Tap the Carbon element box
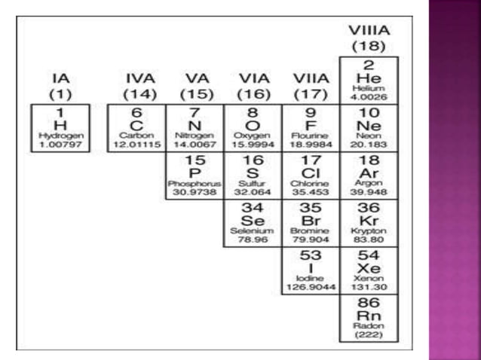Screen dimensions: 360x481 click(x=136, y=127)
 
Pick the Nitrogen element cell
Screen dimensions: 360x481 click(x=195, y=127)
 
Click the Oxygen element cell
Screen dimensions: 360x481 click(x=253, y=127)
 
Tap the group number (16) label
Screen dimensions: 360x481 click(x=253, y=94)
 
